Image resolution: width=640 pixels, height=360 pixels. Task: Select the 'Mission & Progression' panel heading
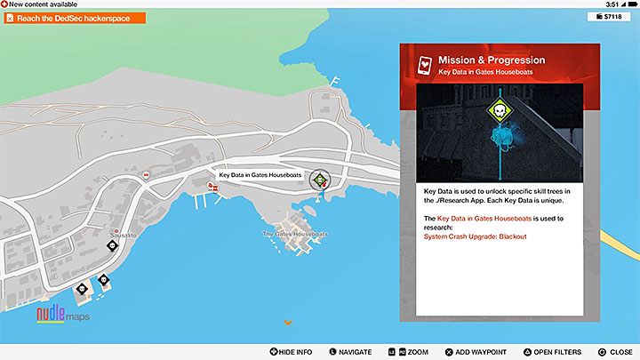click(492, 60)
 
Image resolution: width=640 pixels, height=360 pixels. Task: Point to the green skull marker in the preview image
click(500, 112)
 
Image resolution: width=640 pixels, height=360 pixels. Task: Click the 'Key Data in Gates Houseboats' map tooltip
click(259, 175)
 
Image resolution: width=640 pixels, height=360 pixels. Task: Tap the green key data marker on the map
click(320, 180)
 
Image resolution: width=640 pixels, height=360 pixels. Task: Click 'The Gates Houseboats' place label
click(295, 234)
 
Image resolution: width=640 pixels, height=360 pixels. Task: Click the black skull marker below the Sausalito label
click(112, 245)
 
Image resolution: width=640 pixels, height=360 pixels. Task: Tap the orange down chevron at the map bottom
click(287, 322)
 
